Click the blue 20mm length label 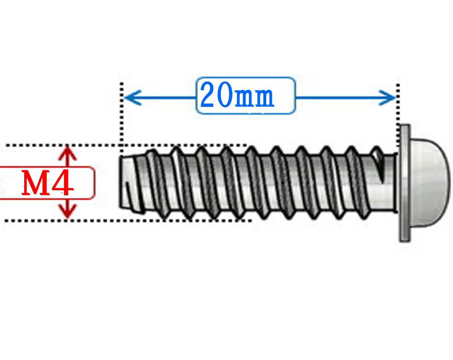point(237,96)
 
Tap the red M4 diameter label point(47,183)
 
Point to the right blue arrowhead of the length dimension point(389,98)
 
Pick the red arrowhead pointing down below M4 point(68,212)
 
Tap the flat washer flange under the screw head point(405,183)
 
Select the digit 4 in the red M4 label point(62,183)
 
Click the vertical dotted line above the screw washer point(399,113)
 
